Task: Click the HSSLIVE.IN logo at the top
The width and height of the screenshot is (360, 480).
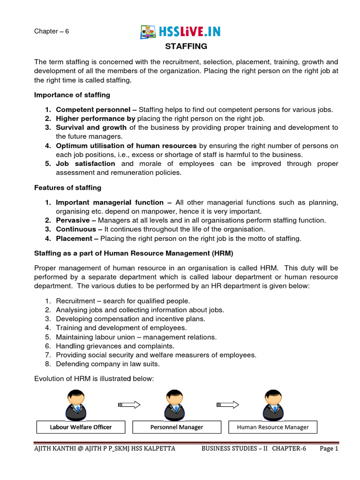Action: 180,32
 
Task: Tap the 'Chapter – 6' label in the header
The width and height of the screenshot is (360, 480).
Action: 52,31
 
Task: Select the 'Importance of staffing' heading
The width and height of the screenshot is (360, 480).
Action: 72,95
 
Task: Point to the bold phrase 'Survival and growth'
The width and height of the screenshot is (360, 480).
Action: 91,127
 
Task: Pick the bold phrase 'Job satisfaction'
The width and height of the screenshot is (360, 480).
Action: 85,164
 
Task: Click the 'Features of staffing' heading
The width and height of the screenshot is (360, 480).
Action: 67,187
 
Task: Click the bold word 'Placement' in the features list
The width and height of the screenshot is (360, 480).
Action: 74,238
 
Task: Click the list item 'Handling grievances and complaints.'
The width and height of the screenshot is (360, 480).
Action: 115,346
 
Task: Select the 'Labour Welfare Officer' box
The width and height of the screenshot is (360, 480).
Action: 81,427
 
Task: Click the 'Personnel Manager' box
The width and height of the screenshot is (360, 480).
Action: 177,427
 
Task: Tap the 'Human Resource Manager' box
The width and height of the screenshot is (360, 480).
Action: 273,427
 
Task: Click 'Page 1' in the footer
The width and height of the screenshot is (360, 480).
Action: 329,449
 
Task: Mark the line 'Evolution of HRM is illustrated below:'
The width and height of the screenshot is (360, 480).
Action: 94,379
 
